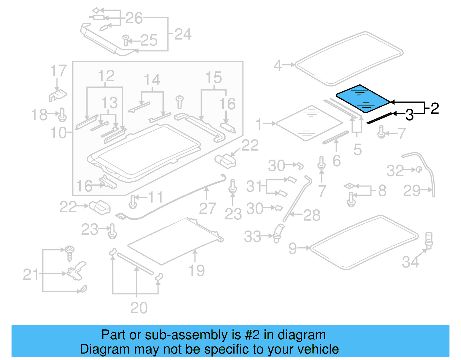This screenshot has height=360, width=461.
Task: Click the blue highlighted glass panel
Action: (x=363, y=99)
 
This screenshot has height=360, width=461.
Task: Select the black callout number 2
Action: (x=434, y=108)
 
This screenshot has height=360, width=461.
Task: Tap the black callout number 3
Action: (x=409, y=115)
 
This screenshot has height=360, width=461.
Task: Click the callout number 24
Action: (x=183, y=34)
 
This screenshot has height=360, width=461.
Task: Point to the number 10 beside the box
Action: (x=58, y=133)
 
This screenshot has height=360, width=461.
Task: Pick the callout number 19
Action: (x=197, y=270)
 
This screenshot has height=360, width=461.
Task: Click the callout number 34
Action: (x=411, y=262)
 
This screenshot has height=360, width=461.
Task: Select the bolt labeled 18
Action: (x=63, y=115)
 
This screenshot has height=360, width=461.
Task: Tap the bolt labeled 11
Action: (x=133, y=202)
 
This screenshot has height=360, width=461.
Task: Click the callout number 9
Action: (x=293, y=248)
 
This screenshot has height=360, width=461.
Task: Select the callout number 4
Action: (x=277, y=65)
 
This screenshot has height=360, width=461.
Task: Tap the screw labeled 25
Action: (x=126, y=40)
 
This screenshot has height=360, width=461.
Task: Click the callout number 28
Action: (x=311, y=215)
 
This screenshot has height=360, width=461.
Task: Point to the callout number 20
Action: (x=139, y=308)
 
